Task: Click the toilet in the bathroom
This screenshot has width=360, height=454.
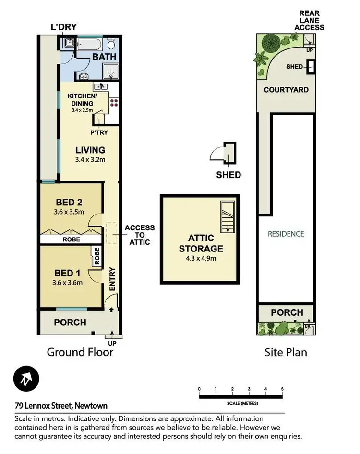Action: point(111,45)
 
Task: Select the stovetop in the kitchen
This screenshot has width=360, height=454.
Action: point(114,102)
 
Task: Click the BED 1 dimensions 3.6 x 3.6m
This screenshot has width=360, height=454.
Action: point(68,282)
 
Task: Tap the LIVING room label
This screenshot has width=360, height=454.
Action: point(90,150)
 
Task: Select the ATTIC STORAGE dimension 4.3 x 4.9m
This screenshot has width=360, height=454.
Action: point(201,258)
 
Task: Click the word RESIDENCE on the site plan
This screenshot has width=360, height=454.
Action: point(286,234)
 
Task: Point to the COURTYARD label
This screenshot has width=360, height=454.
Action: point(286,90)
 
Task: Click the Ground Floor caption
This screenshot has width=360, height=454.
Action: point(80,352)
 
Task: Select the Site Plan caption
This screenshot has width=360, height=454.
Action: point(286,352)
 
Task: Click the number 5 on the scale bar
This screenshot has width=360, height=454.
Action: point(282,389)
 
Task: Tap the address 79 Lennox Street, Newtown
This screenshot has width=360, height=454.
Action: point(61,406)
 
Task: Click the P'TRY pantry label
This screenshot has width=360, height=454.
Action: point(99,133)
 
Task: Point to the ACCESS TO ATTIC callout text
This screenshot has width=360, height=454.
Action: point(140,235)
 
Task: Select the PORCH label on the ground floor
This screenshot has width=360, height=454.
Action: point(70,322)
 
